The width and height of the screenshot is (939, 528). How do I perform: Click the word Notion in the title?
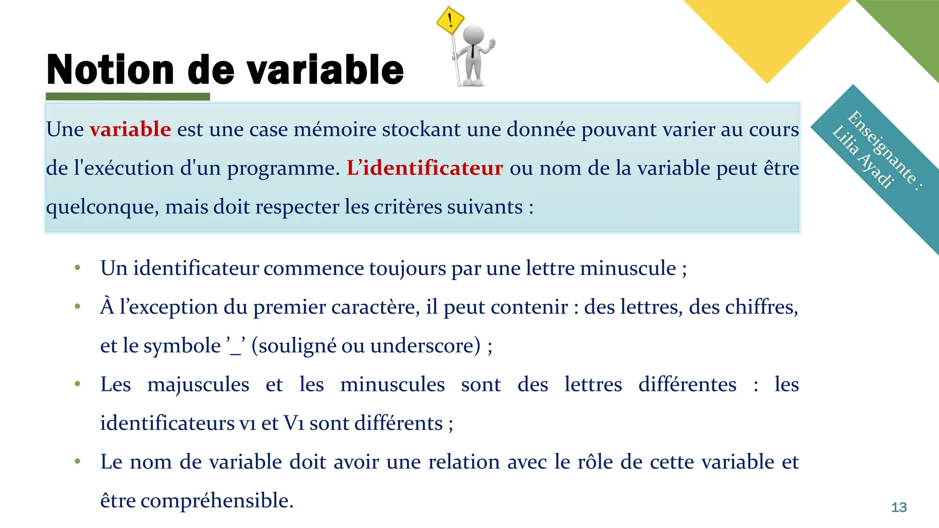(x=110, y=70)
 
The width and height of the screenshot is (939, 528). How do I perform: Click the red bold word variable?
(x=130, y=129)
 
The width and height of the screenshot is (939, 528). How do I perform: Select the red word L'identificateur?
(x=425, y=168)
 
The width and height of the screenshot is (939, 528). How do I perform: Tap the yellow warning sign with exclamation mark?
(x=450, y=20)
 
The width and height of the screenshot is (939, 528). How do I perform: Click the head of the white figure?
(x=474, y=34)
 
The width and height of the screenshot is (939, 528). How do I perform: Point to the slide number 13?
(x=899, y=507)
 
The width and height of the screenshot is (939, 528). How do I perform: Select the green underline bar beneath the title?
(x=128, y=97)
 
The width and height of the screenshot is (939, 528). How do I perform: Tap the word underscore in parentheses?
(x=425, y=346)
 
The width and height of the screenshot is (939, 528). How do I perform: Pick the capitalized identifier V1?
(x=294, y=423)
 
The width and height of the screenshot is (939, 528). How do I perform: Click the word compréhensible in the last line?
(x=216, y=500)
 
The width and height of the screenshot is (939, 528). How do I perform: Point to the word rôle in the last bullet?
(x=595, y=462)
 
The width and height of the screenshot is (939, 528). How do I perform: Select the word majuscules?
(x=198, y=384)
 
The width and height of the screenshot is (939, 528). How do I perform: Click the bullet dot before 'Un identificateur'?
(x=77, y=268)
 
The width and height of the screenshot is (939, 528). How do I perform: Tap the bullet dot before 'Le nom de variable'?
(x=77, y=461)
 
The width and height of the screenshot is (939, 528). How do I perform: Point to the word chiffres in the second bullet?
(x=761, y=307)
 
